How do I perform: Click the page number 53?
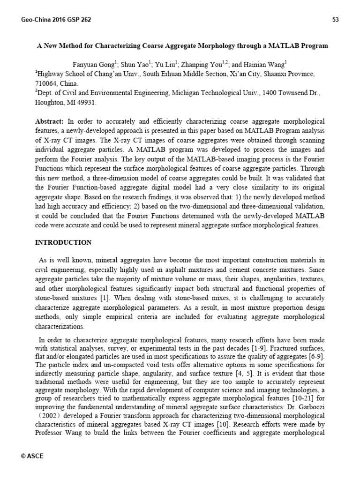pyautogui.click(x=335, y=19)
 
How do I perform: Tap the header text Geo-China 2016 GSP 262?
pyautogui.click(x=56, y=19)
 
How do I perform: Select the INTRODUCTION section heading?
pyautogui.click(x=64, y=242)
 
